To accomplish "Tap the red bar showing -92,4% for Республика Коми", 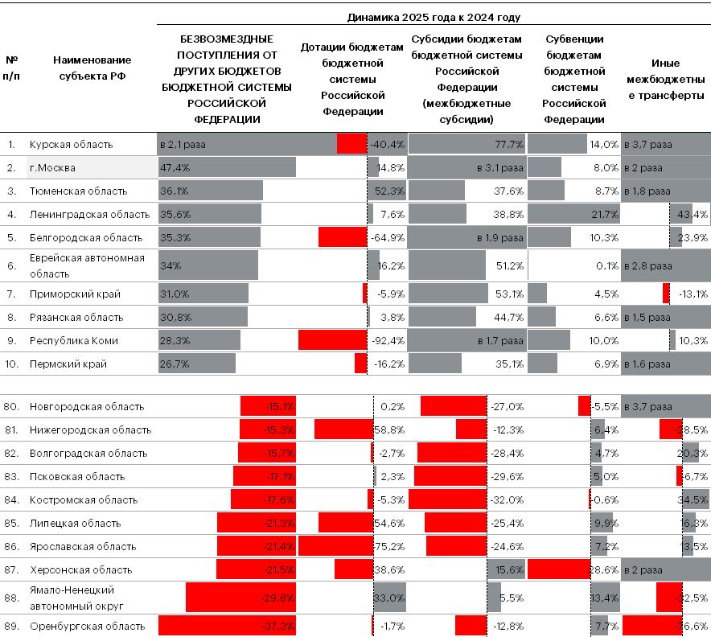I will (332, 340).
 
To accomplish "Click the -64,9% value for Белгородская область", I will (387, 238).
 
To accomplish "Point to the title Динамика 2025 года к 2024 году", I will (434, 17).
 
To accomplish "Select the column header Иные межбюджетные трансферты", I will (665, 79).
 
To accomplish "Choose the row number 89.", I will (11, 627).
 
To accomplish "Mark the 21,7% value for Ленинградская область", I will (603, 215).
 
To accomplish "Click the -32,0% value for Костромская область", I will (508, 500).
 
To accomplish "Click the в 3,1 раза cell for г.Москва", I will (501, 168).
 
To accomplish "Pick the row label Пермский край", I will (68, 364).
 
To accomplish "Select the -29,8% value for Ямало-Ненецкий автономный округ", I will (279, 598).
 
